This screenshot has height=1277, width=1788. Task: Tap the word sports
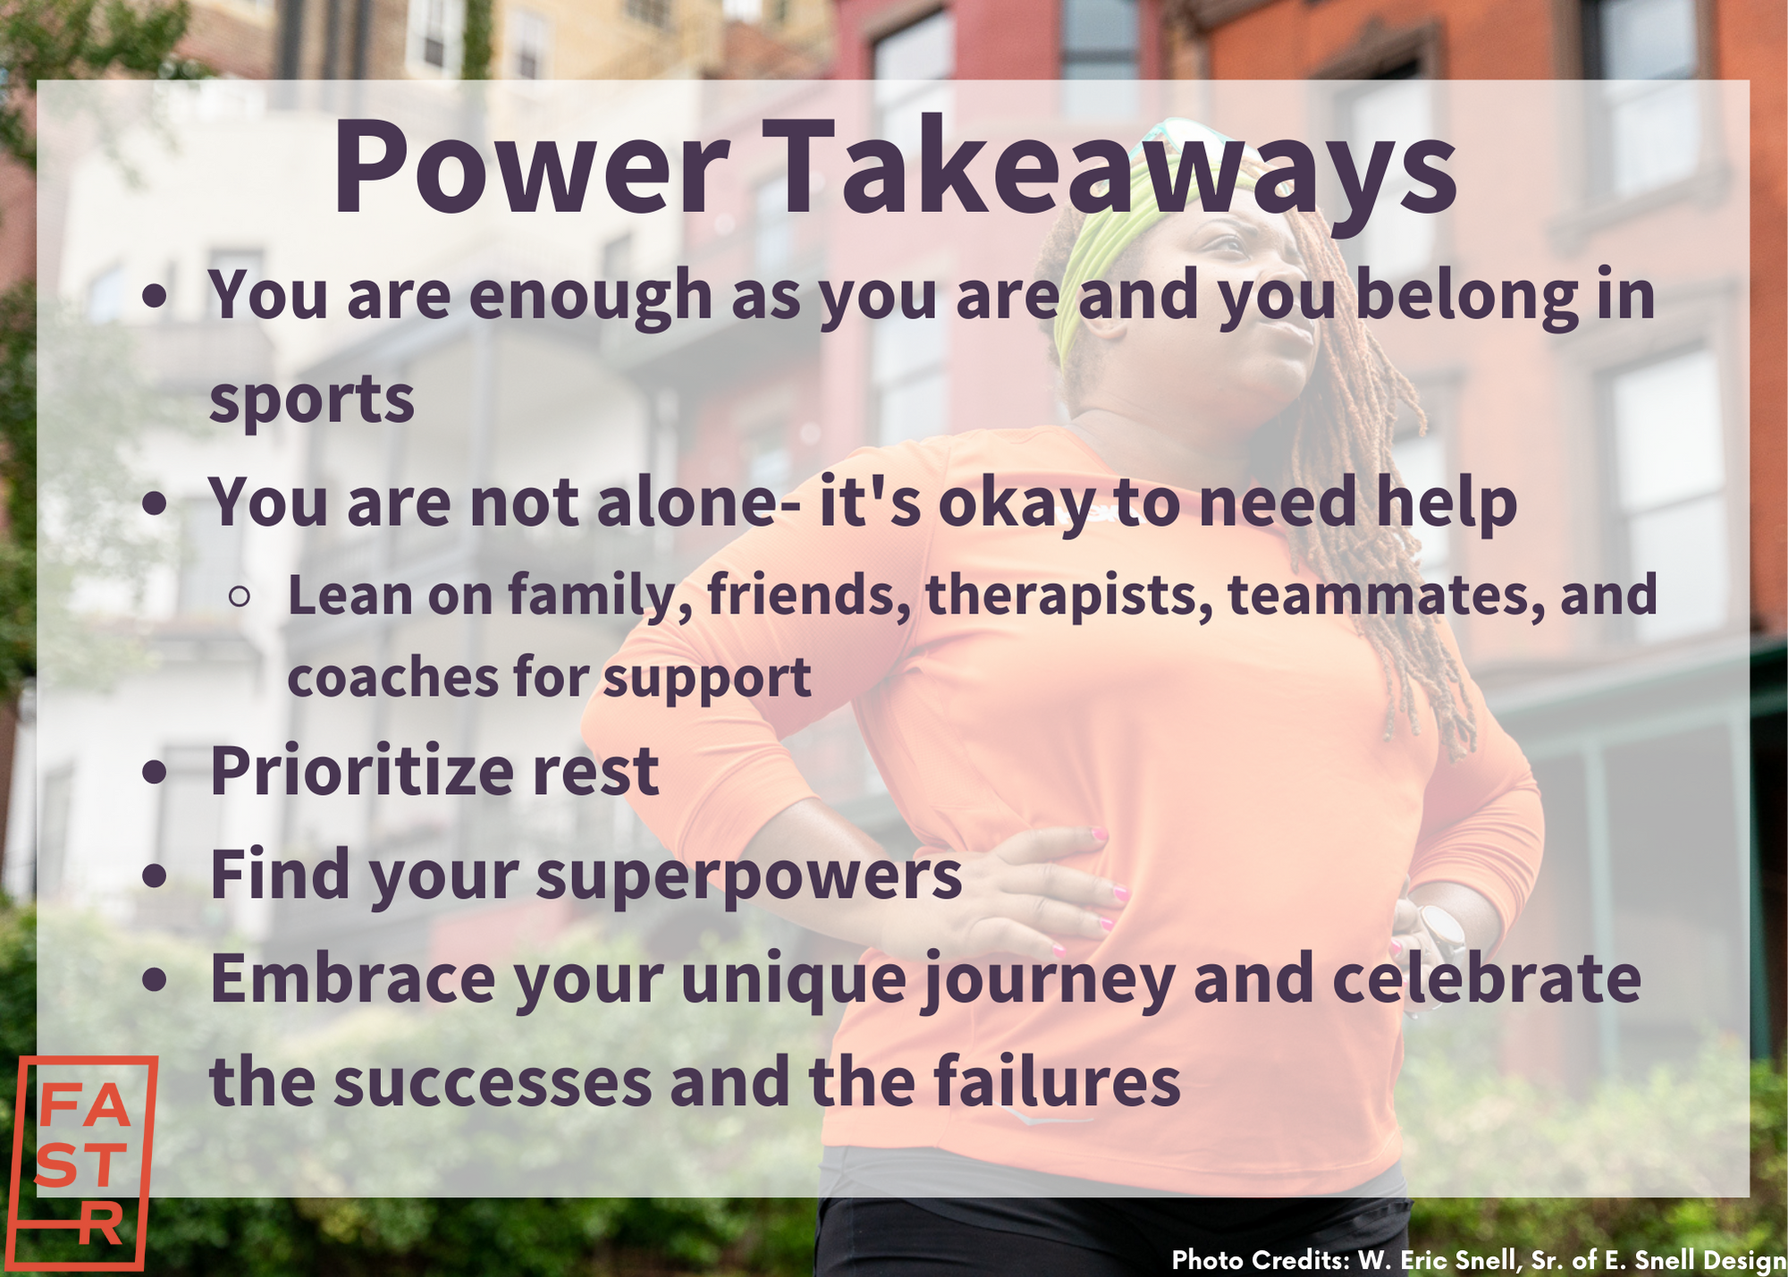(x=311, y=401)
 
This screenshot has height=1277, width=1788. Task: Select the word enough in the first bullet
(x=590, y=296)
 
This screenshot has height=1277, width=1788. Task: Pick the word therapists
(x=1069, y=596)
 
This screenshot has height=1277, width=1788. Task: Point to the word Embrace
(x=352, y=977)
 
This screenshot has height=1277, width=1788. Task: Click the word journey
(x=1048, y=982)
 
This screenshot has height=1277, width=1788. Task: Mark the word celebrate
(x=1487, y=977)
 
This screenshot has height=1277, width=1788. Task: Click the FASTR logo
(x=86, y=1163)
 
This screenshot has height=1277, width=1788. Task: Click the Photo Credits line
(x=1479, y=1259)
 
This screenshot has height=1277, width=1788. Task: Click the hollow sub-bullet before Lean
(x=239, y=596)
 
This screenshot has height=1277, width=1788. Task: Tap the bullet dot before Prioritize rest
(x=156, y=773)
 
